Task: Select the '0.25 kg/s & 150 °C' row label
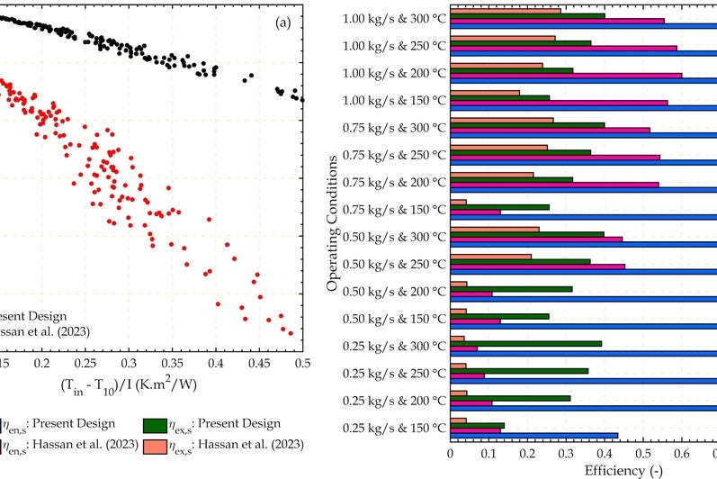395,428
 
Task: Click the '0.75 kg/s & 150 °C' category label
395,209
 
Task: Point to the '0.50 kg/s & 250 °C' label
395,264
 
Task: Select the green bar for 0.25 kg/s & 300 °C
525,343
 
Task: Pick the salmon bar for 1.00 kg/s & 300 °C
505,11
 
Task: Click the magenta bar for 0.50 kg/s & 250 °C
537,267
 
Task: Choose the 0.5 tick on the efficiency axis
643,454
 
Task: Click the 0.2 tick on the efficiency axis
527,454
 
